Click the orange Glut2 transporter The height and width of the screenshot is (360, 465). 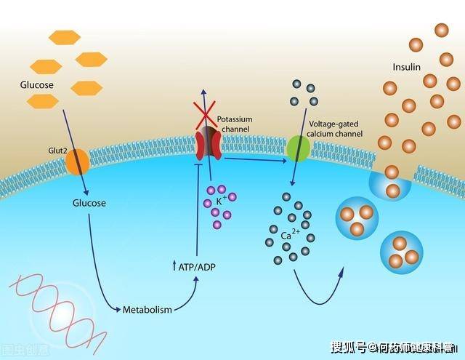pyautogui.click(x=78, y=161)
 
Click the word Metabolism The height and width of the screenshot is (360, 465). pyautogui.click(x=147, y=310)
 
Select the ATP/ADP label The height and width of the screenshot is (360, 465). pyautogui.click(x=197, y=267)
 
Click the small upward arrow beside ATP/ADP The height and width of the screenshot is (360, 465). pyautogui.click(x=173, y=266)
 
